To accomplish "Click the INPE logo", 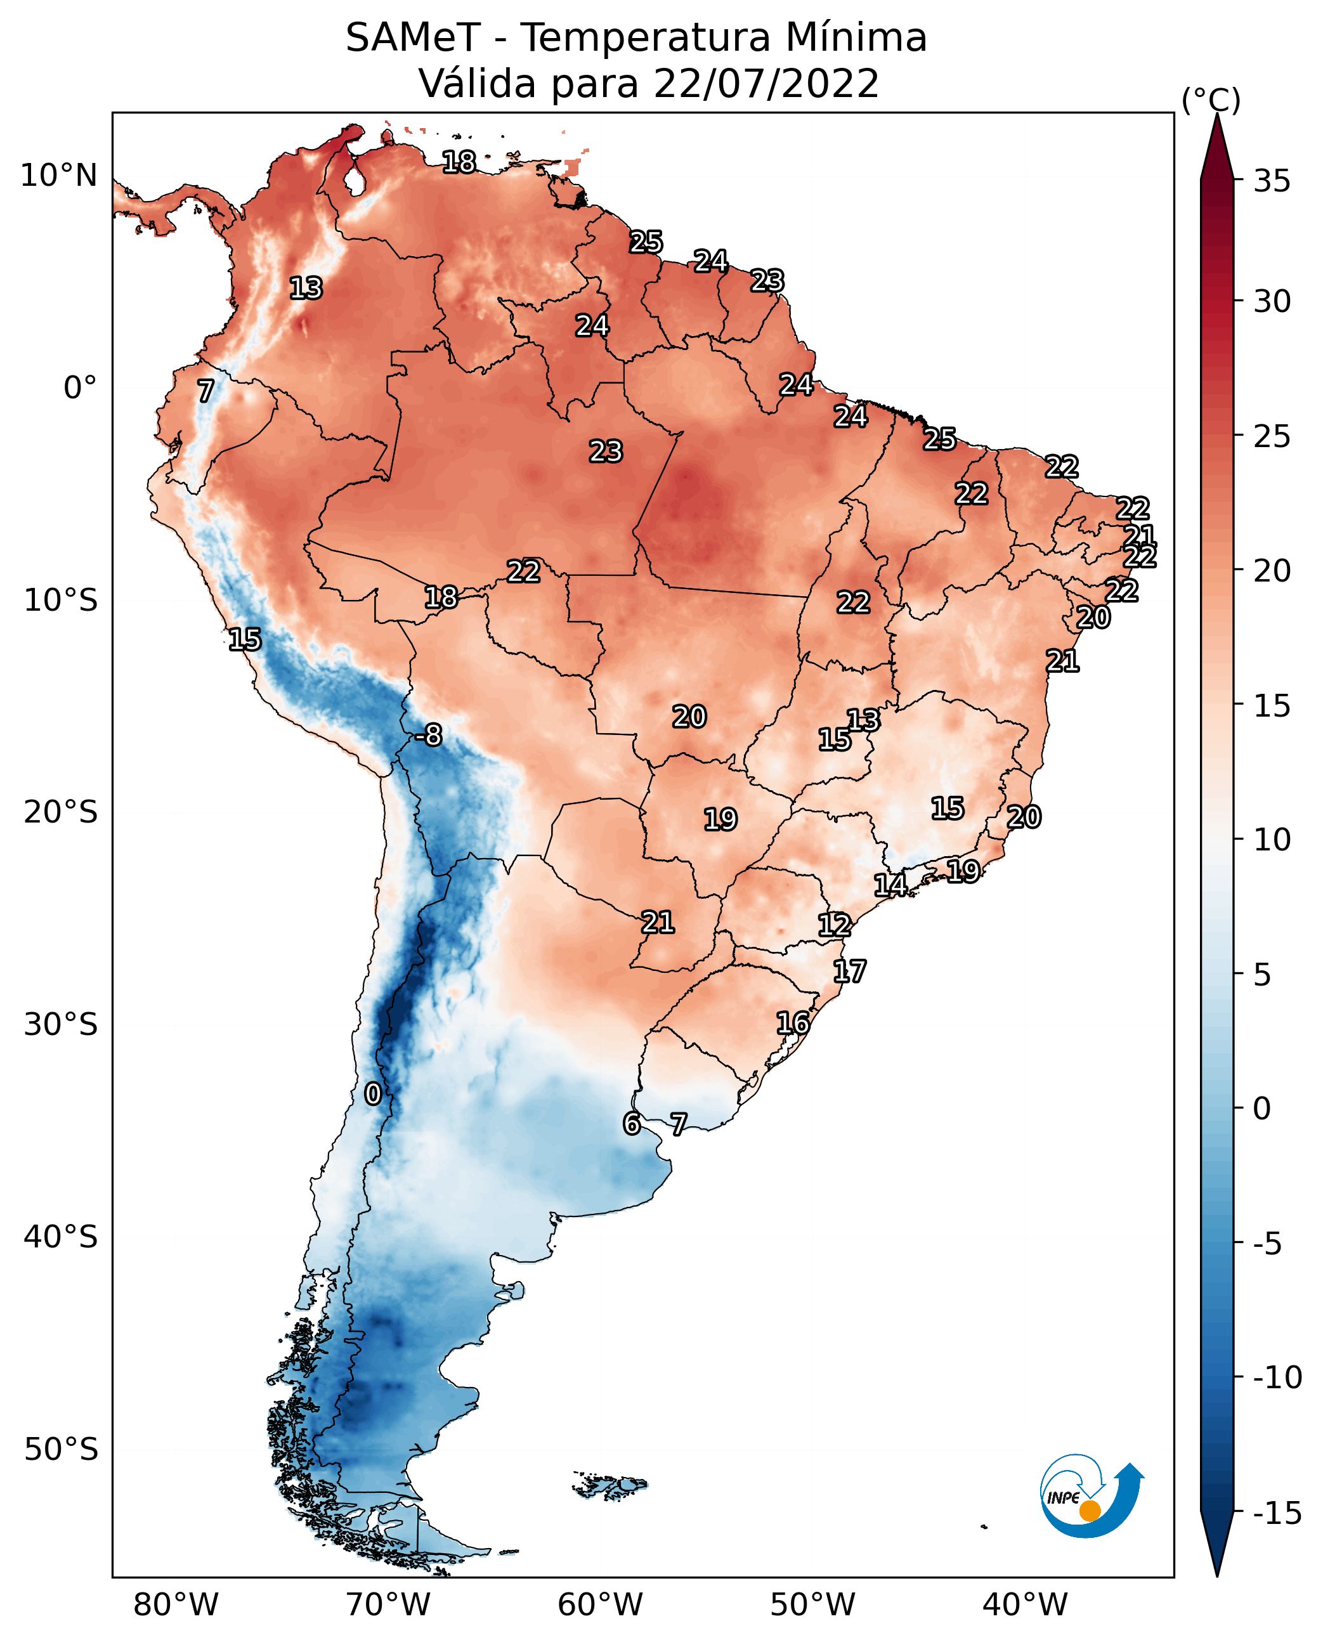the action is (1092, 1497).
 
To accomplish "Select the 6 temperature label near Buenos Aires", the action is (631, 1124).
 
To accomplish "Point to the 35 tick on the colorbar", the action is (1272, 181).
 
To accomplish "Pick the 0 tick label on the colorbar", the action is (1262, 1109).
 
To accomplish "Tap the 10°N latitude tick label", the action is (59, 176).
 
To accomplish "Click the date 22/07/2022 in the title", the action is (766, 84).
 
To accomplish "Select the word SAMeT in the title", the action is (413, 37).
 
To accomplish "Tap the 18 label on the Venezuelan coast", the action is (459, 162).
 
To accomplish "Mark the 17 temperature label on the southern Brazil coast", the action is (849, 972).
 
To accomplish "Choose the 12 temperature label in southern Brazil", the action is (835, 925).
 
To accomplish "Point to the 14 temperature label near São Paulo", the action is (890, 885).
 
